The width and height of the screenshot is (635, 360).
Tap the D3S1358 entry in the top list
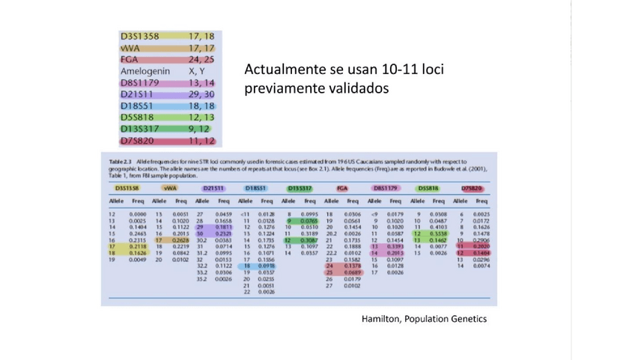140,36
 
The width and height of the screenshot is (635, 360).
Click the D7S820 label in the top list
140,140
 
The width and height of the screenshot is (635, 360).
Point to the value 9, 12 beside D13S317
201,129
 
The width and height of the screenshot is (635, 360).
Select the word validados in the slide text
356,88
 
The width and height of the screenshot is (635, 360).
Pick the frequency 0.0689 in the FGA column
351,272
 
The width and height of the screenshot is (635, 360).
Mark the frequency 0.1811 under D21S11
224,227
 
